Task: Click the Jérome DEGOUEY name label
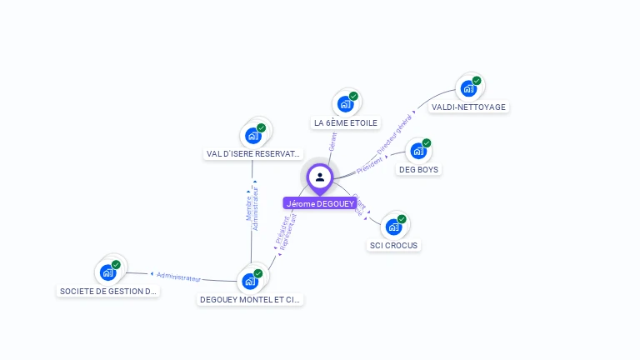click(320, 203)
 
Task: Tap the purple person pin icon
click(320, 177)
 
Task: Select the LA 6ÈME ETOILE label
click(346, 123)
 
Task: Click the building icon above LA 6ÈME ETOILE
click(345, 104)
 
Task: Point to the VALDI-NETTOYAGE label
click(468, 107)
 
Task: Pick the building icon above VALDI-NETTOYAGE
click(468, 87)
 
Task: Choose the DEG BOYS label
click(418, 170)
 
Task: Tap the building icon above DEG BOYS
click(418, 151)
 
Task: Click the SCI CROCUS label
click(394, 246)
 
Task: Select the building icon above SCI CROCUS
click(393, 227)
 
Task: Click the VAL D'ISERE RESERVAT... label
click(253, 154)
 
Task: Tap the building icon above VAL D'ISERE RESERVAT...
click(252, 135)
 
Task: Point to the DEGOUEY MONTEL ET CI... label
click(251, 299)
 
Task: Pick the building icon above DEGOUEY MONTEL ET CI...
click(250, 280)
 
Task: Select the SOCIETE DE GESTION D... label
click(108, 292)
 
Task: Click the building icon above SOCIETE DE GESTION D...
click(108, 272)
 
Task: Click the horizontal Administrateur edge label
click(178, 276)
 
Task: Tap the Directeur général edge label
click(394, 135)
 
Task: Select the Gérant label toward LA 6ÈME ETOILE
click(333, 141)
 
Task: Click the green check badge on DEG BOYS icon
click(427, 143)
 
